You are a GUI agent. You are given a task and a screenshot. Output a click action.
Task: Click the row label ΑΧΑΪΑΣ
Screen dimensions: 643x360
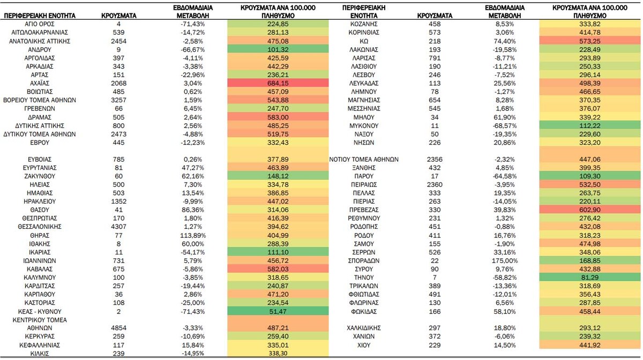pos(40,83)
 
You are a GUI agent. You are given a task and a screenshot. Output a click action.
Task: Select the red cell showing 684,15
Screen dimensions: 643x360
pos(278,83)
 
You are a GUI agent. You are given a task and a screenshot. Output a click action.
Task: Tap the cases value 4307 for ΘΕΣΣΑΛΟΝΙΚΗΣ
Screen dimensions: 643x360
pos(118,227)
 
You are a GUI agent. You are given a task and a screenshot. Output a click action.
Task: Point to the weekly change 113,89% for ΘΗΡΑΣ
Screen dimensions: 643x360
pos(193,235)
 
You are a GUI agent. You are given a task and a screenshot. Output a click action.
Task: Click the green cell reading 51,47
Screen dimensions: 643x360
pos(278,311)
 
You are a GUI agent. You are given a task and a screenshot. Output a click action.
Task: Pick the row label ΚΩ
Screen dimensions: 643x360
pos(364,41)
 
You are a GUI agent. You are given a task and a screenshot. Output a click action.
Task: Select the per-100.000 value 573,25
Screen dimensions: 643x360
pos(590,41)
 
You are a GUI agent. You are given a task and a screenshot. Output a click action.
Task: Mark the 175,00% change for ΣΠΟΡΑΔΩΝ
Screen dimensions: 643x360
pos(505,261)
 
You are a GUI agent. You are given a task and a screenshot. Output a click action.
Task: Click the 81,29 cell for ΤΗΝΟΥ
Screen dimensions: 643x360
pos(590,277)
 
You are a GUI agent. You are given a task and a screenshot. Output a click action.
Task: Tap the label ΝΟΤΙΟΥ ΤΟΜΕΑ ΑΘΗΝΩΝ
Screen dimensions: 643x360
pos(364,159)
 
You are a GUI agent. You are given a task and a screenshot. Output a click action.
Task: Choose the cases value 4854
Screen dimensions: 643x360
pos(118,328)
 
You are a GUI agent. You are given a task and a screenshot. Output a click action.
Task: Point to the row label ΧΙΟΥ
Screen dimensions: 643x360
pos(364,345)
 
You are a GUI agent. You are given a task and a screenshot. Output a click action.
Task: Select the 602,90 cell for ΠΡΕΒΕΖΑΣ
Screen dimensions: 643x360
pos(590,209)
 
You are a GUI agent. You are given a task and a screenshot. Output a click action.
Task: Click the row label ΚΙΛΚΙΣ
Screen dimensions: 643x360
pos(40,354)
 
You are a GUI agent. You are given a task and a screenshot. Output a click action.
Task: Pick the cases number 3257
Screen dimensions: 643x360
pos(118,100)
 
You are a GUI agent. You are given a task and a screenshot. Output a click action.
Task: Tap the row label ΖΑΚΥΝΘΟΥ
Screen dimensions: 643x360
pos(40,176)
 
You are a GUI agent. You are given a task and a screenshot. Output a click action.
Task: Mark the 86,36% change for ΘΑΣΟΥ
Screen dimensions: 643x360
pos(193,209)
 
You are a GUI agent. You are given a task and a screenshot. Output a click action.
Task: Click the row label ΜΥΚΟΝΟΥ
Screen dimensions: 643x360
pos(364,126)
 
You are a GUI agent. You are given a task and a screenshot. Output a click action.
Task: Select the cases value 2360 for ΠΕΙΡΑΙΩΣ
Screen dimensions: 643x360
pos(435,184)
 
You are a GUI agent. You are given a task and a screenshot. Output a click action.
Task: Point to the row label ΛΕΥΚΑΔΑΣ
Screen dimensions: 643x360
pos(364,83)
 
